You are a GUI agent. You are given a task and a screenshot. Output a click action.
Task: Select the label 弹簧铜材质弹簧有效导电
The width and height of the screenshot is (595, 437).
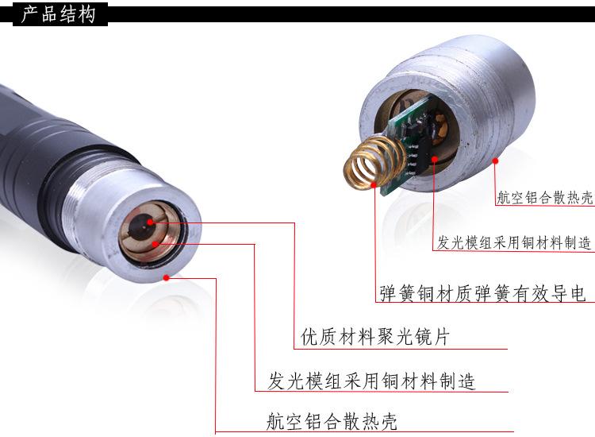coord(482,293)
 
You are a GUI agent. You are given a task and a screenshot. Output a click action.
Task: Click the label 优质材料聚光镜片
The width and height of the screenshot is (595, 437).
coord(375,337)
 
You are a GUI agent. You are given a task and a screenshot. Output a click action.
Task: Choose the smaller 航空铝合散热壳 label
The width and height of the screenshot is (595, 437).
coord(543,199)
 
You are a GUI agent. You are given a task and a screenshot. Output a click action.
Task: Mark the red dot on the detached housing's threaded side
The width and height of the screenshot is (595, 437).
coord(495,160)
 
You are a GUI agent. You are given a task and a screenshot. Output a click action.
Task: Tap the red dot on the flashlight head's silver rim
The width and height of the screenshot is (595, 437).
coord(166,277)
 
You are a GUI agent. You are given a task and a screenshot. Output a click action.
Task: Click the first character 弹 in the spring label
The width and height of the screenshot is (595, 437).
coord(388,293)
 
